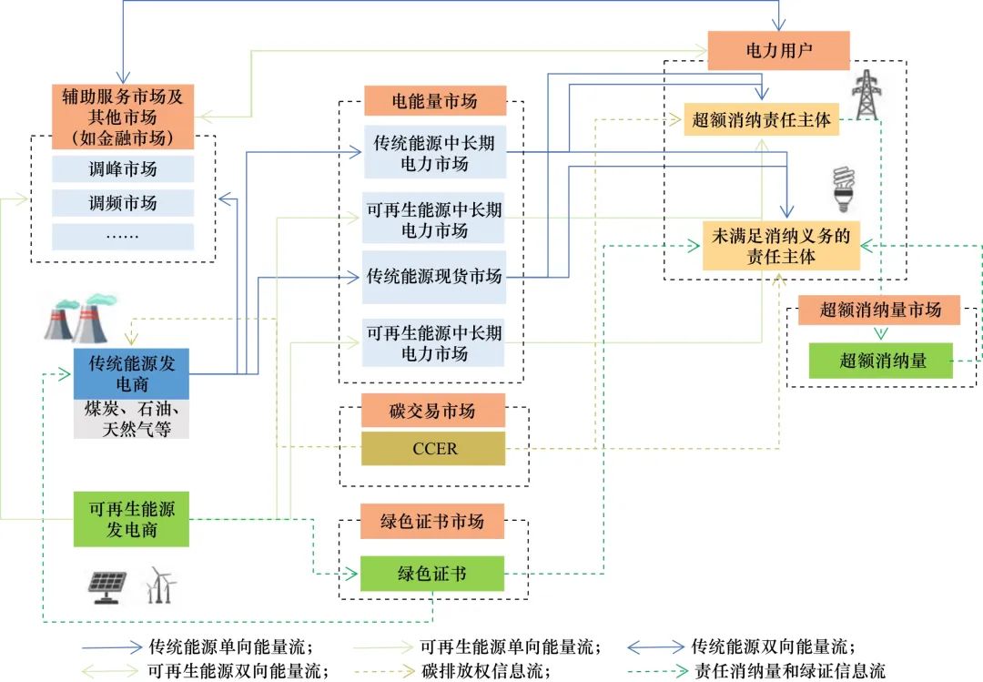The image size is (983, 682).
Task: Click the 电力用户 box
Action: coord(777,50)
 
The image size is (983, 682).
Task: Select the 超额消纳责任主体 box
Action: coord(761,119)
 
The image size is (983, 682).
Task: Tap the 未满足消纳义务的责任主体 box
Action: coord(781,246)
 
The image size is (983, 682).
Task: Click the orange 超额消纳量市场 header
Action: coord(879,310)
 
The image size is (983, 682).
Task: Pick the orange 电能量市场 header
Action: coord(434,100)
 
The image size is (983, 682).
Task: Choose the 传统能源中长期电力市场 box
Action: coord(434,153)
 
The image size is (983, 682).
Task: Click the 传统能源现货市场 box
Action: coord(434,275)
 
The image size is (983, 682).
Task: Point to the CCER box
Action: coord(434,449)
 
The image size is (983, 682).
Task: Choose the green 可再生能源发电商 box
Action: coord(131,518)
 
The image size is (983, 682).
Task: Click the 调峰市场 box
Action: coord(123,169)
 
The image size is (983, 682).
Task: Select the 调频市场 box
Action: coord(123,203)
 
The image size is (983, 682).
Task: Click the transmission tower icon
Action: coord(866,97)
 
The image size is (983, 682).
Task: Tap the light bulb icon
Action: coord(845,188)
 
